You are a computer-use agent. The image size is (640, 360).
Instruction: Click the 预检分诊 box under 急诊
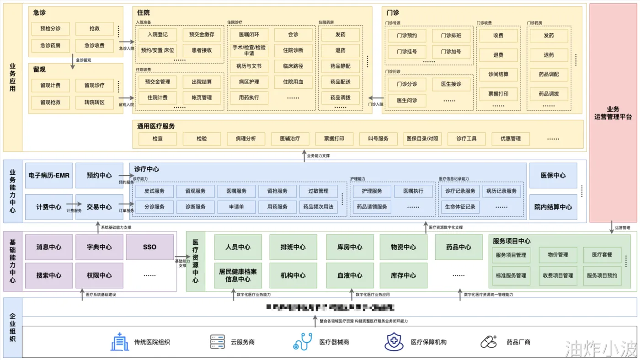click(x=50, y=28)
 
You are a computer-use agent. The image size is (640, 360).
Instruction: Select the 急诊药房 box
click(x=50, y=45)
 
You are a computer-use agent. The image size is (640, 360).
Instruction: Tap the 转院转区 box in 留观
click(x=94, y=102)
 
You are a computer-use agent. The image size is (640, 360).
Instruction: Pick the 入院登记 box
click(x=157, y=34)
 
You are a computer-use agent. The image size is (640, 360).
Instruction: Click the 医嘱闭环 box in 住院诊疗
click(x=249, y=34)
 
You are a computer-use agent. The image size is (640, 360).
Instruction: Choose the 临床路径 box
click(x=293, y=66)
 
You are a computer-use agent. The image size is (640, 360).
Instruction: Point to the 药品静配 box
click(x=340, y=66)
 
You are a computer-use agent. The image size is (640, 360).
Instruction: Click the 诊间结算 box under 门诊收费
click(x=498, y=74)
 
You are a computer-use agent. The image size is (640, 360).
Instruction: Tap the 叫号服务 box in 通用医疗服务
click(x=378, y=139)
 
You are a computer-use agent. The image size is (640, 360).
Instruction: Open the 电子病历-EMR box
click(x=49, y=175)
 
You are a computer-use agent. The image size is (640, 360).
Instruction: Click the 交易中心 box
click(x=99, y=207)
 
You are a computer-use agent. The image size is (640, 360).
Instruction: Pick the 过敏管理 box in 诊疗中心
click(x=318, y=191)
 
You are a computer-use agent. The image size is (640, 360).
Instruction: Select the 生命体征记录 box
click(x=460, y=207)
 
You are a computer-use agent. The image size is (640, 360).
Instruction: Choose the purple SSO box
click(x=149, y=247)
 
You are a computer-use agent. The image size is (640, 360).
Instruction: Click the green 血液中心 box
click(x=350, y=275)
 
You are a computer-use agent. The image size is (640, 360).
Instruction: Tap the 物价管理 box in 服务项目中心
click(x=557, y=255)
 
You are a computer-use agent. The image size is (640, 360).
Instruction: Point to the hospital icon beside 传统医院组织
click(x=120, y=342)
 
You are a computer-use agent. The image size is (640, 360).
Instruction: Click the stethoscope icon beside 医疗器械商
click(x=303, y=342)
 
